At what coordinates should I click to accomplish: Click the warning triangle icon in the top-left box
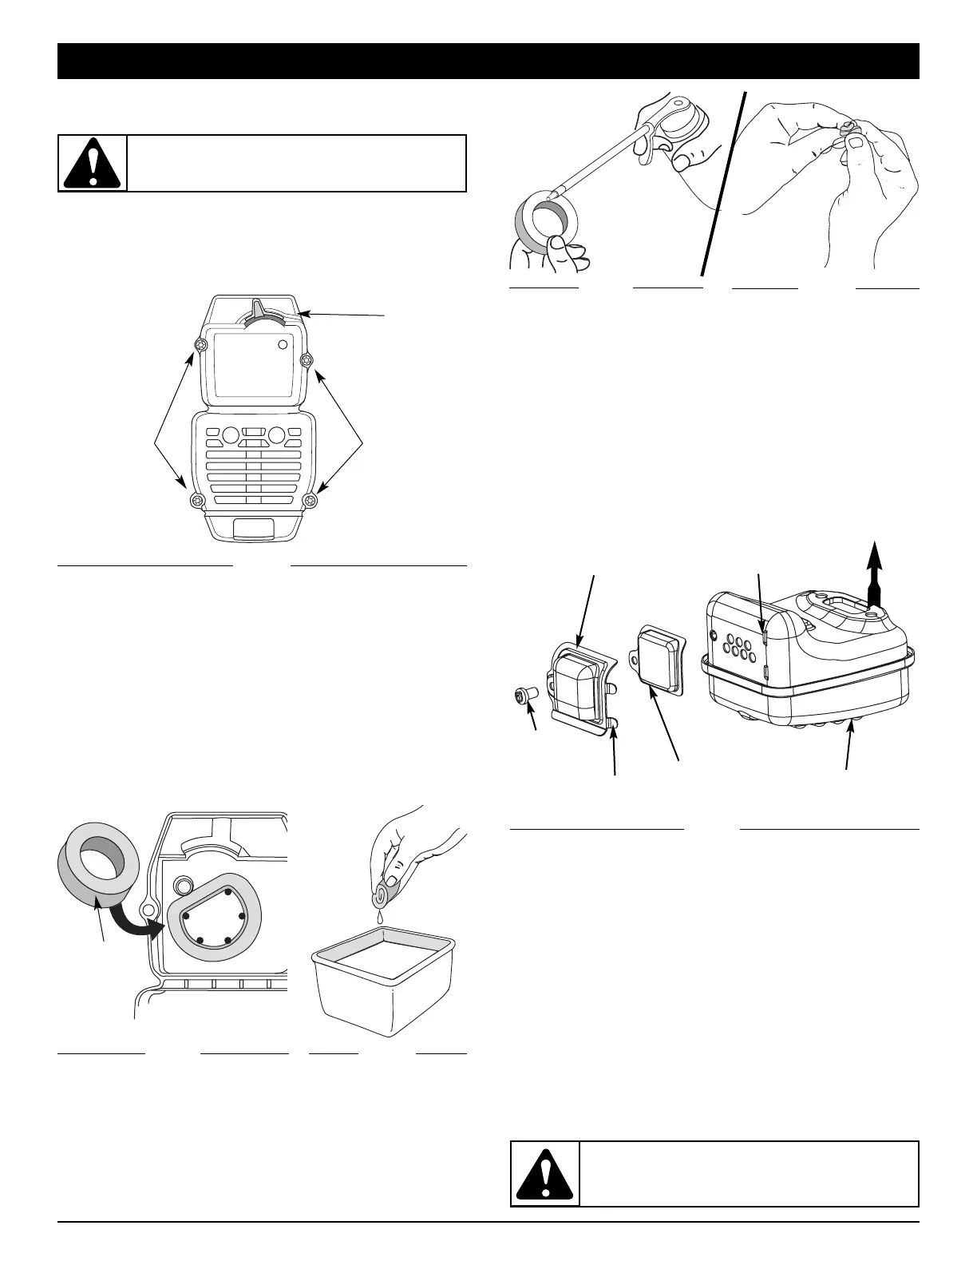pos(93,164)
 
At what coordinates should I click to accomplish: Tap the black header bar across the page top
pos(488,61)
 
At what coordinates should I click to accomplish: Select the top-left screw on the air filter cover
pos(200,345)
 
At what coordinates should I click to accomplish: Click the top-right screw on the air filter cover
pos(304,362)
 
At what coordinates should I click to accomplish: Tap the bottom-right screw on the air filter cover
pos(311,501)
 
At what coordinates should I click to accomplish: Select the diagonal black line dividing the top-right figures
pos(724,184)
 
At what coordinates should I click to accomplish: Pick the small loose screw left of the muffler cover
pos(525,696)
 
